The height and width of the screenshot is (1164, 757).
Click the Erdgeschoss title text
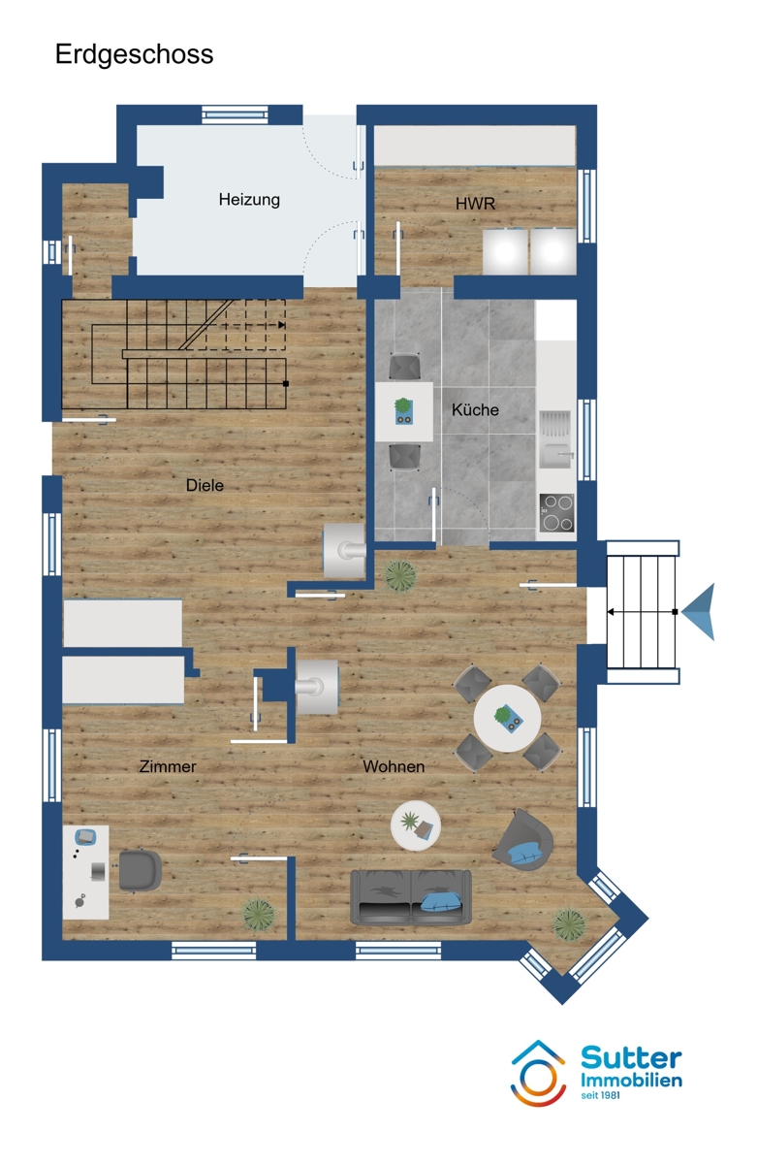[134, 55]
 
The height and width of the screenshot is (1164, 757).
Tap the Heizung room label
[249, 200]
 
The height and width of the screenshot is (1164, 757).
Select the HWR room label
[475, 204]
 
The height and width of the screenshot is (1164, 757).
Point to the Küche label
[475, 409]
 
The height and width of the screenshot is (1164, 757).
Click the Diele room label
[205, 485]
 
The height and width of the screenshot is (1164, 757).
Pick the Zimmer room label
[168, 766]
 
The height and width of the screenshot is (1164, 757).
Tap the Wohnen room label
[394, 766]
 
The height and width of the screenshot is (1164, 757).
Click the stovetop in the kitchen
[556, 512]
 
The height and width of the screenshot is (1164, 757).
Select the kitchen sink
[555, 439]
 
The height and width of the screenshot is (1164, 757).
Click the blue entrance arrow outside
[701, 612]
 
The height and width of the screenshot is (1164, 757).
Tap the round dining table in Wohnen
[507, 719]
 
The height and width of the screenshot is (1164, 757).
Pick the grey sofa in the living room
[411, 897]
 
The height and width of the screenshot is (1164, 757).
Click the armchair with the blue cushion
[522, 841]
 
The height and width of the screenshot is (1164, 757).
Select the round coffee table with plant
[416, 825]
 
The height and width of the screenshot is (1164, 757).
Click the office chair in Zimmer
[140, 870]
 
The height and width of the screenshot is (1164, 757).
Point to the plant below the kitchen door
[399, 576]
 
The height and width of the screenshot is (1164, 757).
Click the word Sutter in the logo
[631, 1058]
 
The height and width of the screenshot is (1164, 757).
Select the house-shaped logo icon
[538, 1074]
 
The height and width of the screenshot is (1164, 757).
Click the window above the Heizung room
[235, 114]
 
